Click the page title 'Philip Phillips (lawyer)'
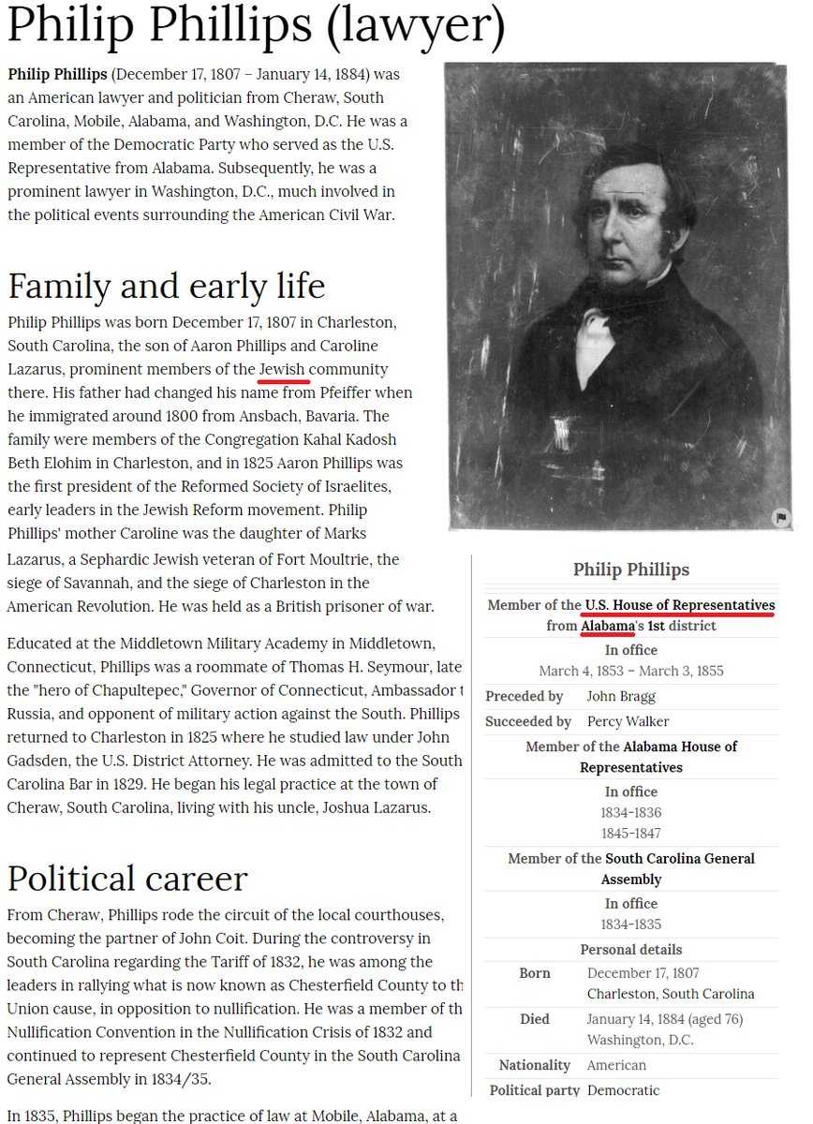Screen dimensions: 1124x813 tap(256, 28)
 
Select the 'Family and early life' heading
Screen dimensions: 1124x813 tap(167, 285)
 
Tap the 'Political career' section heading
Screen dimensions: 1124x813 tap(127, 878)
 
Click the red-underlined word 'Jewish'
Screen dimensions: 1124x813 tap(282, 369)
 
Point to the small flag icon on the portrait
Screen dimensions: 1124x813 tap(780, 518)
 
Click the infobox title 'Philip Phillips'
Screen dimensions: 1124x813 tap(630, 569)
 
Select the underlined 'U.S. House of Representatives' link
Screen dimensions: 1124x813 tap(680, 605)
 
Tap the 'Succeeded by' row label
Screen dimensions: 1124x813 tap(527, 721)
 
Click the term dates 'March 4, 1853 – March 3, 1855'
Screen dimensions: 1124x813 tap(630, 671)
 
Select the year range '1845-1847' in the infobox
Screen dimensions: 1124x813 tap(630, 833)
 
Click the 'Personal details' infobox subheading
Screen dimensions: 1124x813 tap(630, 949)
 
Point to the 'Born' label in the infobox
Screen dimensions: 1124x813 tap(534, 973)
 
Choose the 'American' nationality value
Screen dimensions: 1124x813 tap(617, 1065)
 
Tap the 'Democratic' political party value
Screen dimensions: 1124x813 tap(623, 1090)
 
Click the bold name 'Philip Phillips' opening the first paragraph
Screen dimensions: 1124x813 tap(58, 73)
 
